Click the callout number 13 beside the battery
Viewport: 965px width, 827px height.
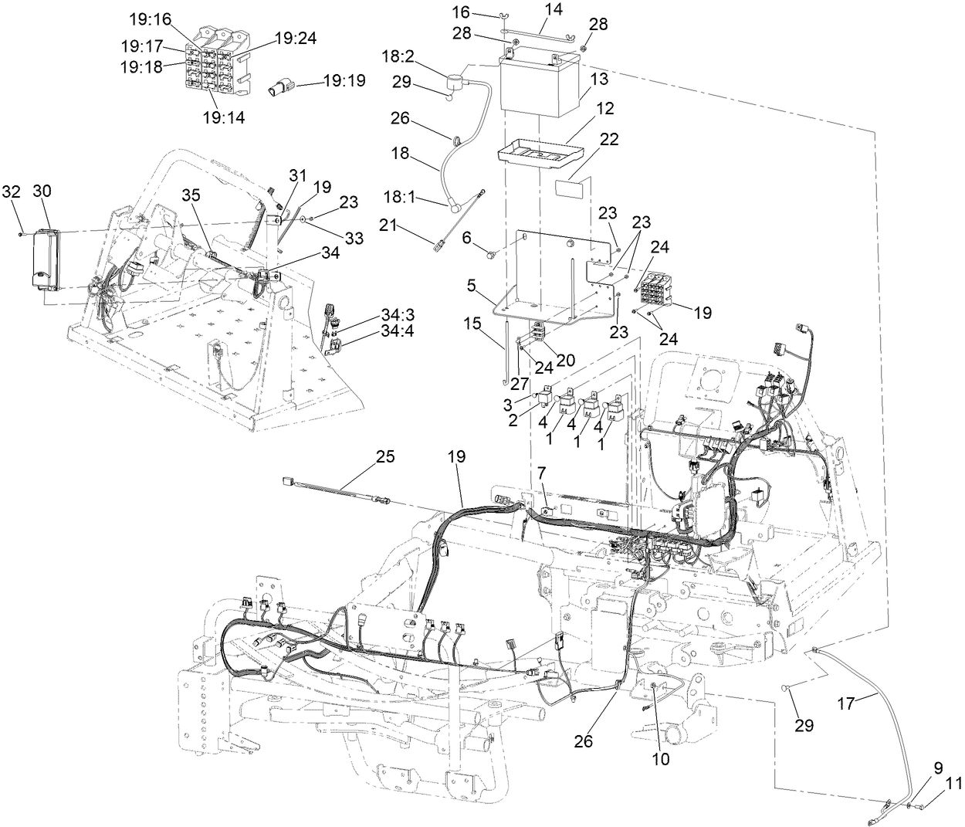(x=599, y=79)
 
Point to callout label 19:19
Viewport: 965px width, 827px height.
(x=344, y=80)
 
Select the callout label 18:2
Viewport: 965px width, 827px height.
(x=398, y=56)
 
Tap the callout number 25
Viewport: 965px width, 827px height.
(x=384, y=456)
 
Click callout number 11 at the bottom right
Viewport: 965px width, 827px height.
(x=953, y=782)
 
